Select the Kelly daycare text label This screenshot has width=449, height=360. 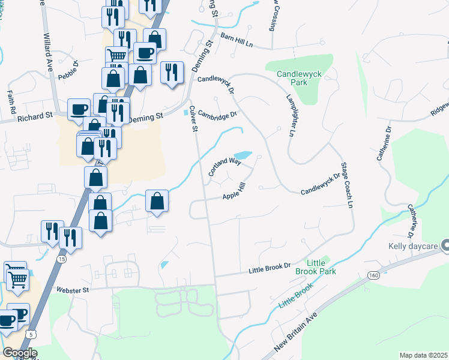[414, 246]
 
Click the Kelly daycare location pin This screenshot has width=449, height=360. [445, 245]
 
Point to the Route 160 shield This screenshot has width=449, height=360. [374, 274]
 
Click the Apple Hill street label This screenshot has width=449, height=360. [234, 193]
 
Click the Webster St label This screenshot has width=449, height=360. [73, 290]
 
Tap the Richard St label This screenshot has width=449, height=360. [35, 118]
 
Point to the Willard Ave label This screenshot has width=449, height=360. [49, 47]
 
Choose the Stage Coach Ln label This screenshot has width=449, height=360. [346, 185]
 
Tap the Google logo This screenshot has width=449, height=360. [20, 353]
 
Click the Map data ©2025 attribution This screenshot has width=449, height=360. [424, 355]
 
